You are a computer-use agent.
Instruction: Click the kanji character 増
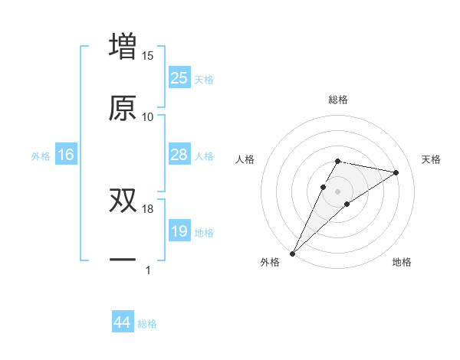click(123, 47)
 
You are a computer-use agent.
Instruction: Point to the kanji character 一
click(123, 260)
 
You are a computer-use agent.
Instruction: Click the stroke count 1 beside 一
click(147, 270)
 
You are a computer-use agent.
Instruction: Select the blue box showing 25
click(179, 78)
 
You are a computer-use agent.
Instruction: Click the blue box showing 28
click(179, 155)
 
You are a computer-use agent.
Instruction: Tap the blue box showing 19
click(179, 231)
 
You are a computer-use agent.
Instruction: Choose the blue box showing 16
click(66, 155)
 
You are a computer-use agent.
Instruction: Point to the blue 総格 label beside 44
click(147, 324)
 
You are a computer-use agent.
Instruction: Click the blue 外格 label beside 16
click(41, 156)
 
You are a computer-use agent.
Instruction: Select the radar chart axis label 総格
click(337, 100)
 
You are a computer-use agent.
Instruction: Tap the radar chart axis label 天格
click(431, 159)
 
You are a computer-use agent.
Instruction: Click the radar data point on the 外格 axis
click(292, 253)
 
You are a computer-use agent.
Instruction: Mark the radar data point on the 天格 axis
click(396, 172)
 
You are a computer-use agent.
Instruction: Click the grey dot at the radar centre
click(337, 191)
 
